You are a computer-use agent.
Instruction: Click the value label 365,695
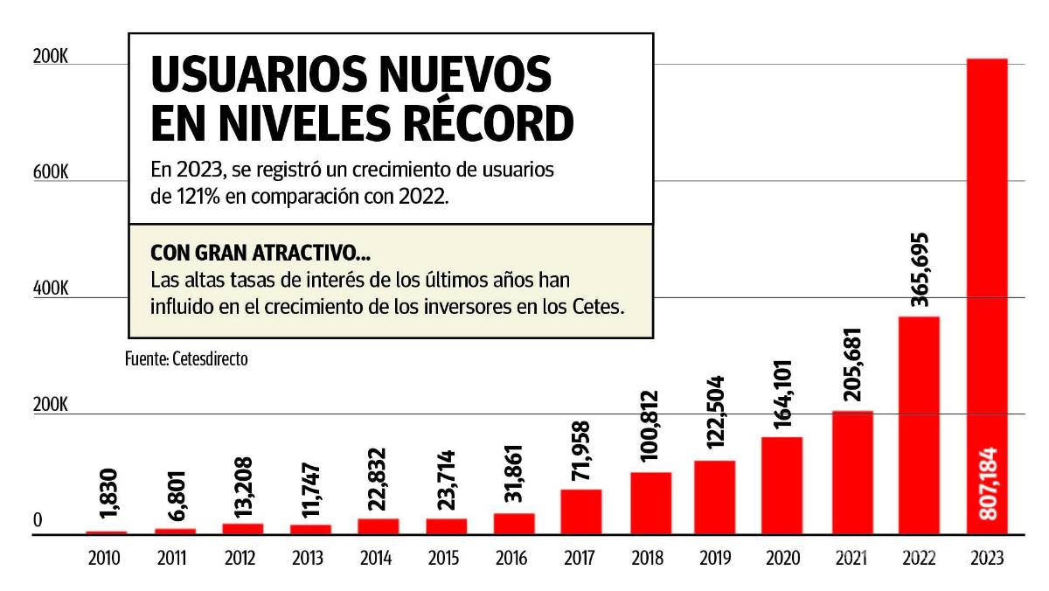919,269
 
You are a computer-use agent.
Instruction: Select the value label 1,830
106,496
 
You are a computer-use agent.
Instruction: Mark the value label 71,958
581,452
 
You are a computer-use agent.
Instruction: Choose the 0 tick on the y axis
38,521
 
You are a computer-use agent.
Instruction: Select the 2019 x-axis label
714,558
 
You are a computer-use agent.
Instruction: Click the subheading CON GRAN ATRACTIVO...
260,254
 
